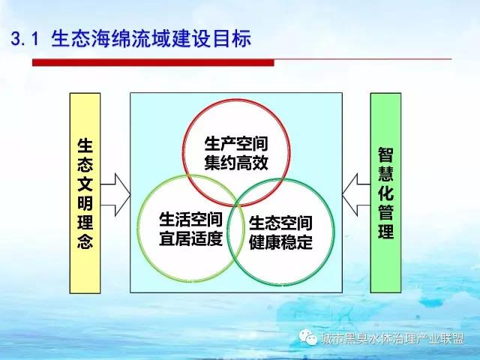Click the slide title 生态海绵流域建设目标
[151, 38]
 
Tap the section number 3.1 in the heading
[25, 39]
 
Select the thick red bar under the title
[153, 62]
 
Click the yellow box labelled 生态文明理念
[85, 193]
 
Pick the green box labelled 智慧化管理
[385, 193]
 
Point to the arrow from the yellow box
[115, 195]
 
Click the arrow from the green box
[356, 195]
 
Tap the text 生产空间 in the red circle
[236, 143]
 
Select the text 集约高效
[236, 163]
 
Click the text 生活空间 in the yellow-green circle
[190, 220]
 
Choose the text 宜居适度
[190, 238]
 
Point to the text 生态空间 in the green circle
[280, 223]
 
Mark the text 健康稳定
[280, 241]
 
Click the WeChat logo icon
[307, 337]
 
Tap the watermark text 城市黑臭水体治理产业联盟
[393, 338]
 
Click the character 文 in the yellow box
[85, 184]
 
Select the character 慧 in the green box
[385, 174]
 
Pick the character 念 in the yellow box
[85, 241]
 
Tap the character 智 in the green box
[385, 155]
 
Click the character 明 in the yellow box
[85, 203]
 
